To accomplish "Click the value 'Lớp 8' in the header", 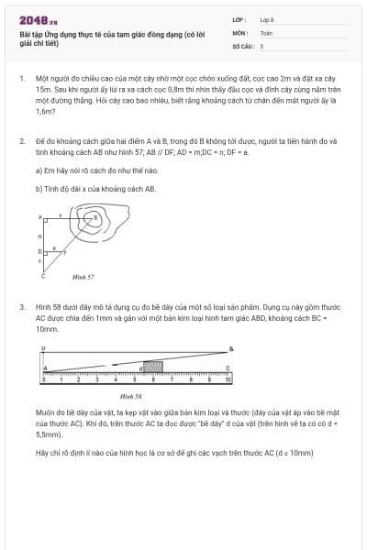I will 267,18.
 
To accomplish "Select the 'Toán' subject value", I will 266,31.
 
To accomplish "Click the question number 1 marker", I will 21,79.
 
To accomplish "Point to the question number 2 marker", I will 21,141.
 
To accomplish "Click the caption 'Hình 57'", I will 83,276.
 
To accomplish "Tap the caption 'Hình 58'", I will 131,395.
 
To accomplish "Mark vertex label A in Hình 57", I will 40,217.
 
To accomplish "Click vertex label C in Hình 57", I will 42,275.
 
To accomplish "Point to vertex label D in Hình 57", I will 39,250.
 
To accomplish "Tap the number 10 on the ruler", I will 228,379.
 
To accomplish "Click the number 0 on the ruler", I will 43,379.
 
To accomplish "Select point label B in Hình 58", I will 230,348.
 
